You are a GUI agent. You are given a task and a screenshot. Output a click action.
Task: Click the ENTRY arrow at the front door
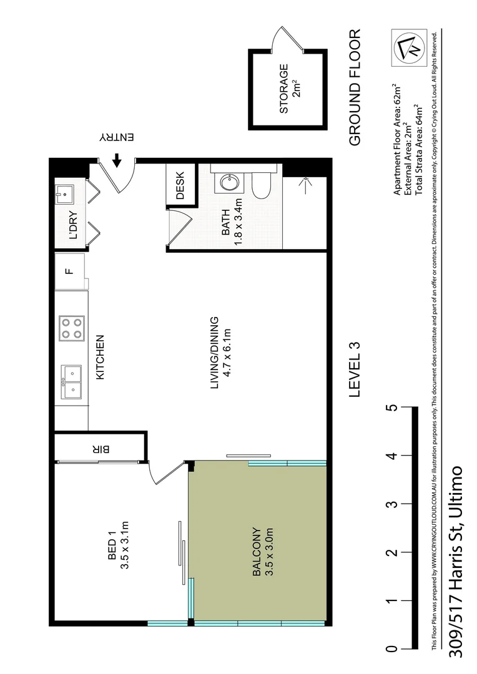tap(117, 161)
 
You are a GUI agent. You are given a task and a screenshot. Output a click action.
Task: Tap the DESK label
tap(180, 185)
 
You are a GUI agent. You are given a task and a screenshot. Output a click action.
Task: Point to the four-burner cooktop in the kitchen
tap(71, 328)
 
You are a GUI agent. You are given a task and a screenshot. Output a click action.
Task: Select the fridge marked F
tap(69, 271)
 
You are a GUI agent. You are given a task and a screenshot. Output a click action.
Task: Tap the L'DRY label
tap(72, 228)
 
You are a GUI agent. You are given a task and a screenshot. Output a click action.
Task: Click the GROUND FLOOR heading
tap(355, 87)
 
